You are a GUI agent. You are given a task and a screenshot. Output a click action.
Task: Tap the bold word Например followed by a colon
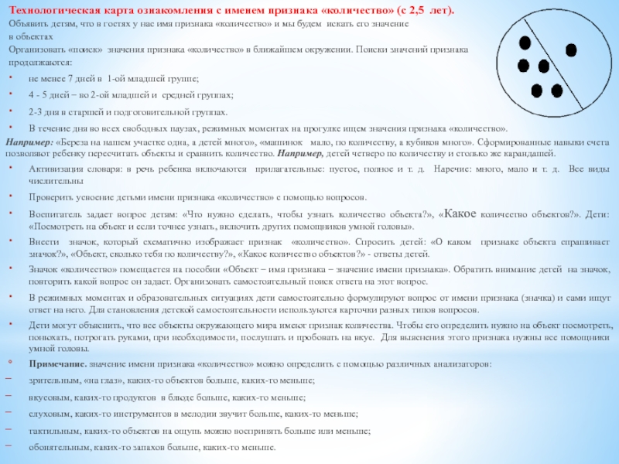pos(28,143)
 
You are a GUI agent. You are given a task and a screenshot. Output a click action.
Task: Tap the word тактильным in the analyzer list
pos(53,431)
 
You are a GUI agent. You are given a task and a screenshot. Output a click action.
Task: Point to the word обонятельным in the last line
pos(58,448)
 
